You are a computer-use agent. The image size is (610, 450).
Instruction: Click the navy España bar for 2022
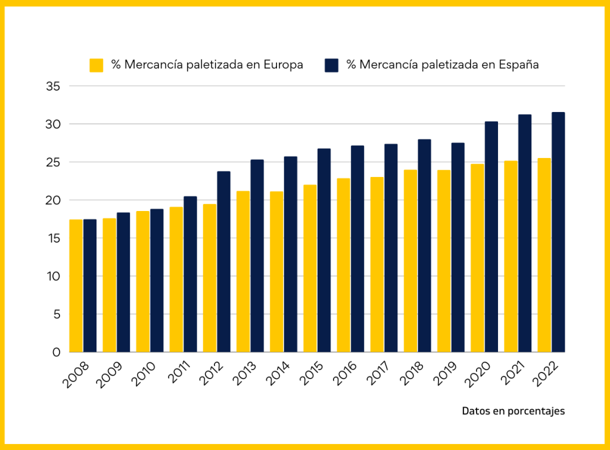click(x=558, y=232)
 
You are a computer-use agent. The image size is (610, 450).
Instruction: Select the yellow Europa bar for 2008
click(x=76, y=286)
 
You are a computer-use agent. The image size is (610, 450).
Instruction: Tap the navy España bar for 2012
click(x=223, y=262)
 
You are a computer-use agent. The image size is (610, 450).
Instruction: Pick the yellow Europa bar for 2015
click(x=310, y=268)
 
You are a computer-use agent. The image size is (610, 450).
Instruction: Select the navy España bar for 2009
click(x=123, y=283)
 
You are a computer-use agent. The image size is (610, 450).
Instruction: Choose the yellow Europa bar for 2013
click(x=243, y=271)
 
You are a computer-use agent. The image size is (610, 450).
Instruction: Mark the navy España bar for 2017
click(x=391, y=248)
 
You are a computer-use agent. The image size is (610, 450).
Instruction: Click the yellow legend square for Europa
click(x=97, y=65)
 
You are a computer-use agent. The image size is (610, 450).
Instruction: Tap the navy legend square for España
click(x=331, y=65)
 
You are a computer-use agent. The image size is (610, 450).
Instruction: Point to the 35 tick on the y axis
click(x=53, y=86)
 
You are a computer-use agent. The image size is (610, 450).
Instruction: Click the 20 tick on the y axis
click(x=53, y=200)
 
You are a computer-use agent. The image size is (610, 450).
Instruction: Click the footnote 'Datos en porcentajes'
click(x=513, y=411)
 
